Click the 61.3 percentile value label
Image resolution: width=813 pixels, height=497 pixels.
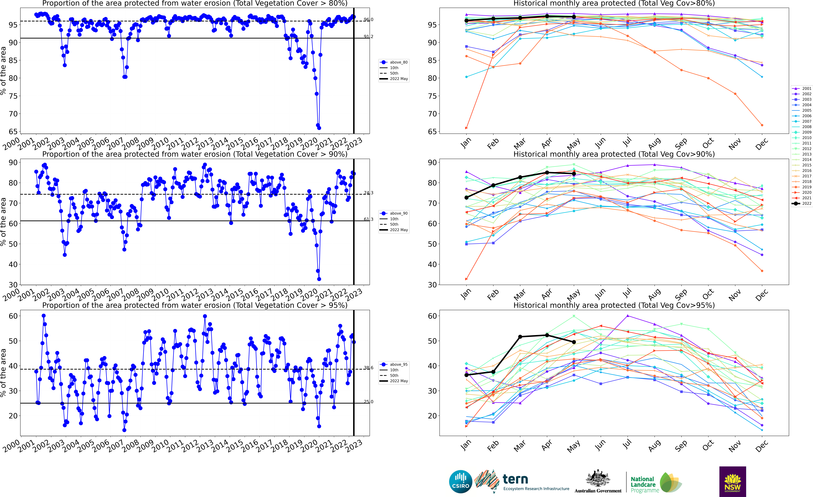coord(368,219)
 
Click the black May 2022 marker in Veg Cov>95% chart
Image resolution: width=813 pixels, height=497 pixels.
coord(574,342)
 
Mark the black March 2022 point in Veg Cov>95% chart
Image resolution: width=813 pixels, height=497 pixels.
coord(520,337)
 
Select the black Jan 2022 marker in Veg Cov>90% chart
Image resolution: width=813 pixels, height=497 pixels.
coord(467,198)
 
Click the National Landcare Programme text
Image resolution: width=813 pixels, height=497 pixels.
coord(642,484)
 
